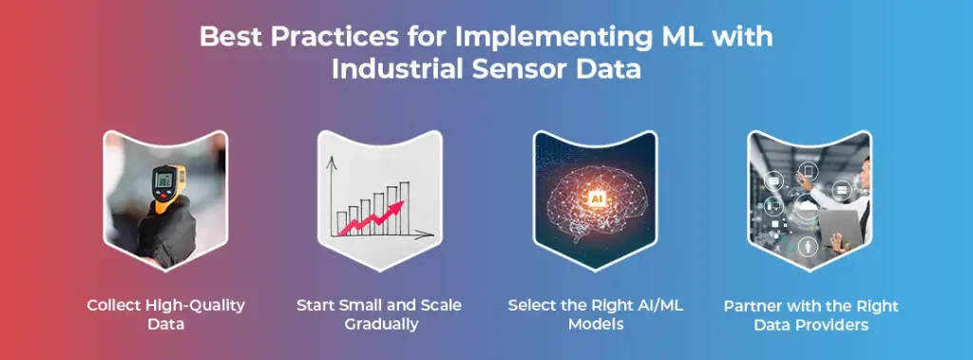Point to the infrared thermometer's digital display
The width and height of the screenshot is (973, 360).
tap(164, 180)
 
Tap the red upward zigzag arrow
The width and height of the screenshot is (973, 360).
tap(371, 218)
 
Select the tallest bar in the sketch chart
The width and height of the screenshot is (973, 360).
tap(404, 208)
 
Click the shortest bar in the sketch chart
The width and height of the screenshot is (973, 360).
tap(341, 223)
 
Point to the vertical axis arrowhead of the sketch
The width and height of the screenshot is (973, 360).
tap(331, 161)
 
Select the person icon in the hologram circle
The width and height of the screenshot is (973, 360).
tap(809, 247)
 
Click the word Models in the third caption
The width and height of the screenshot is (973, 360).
tap(596, 324)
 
